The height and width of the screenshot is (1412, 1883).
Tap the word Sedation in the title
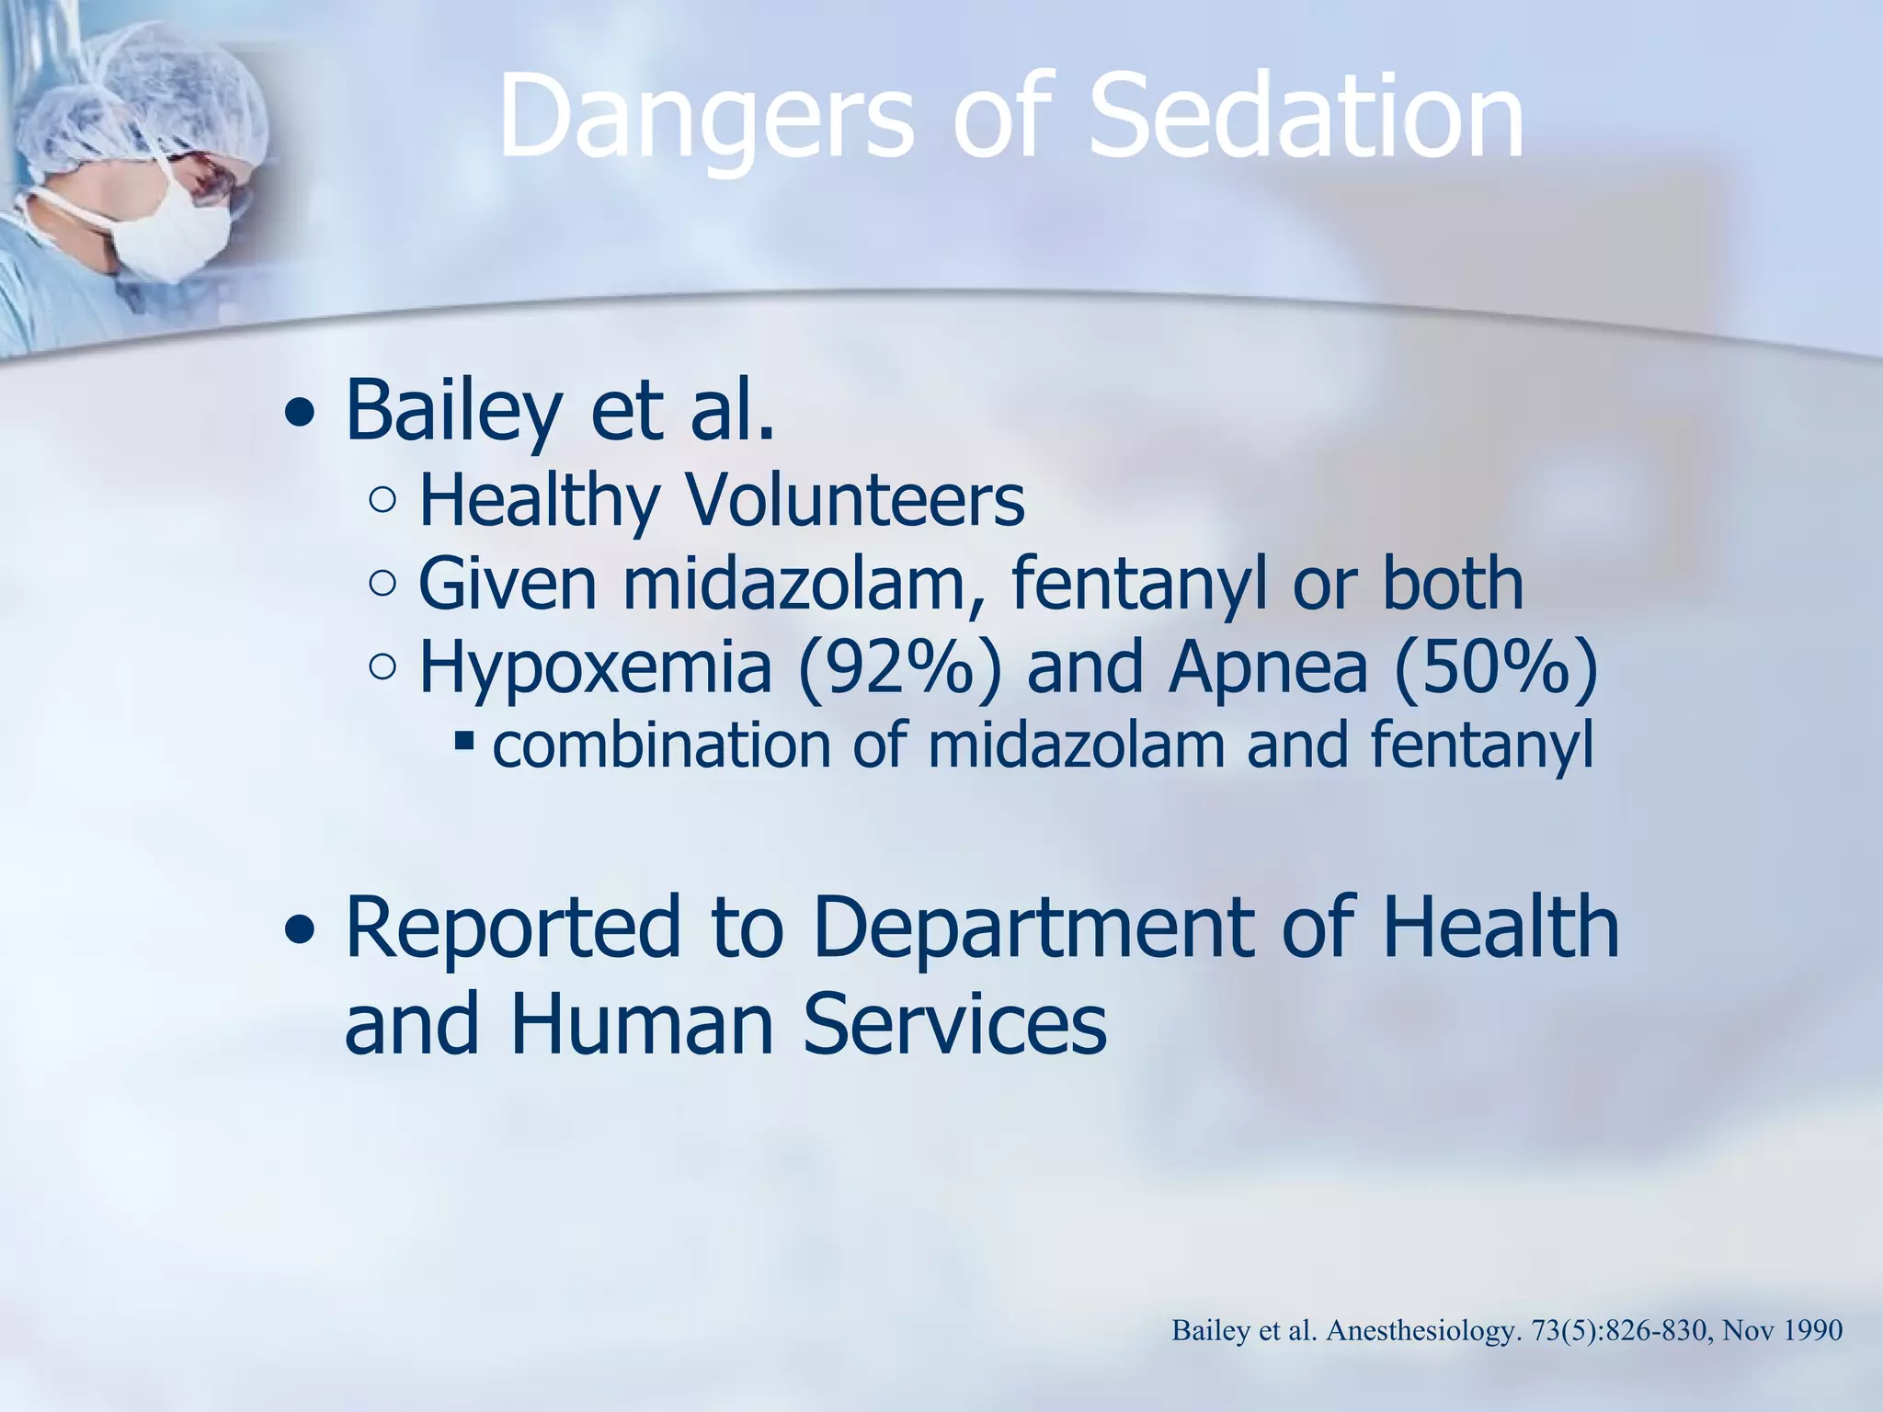(x=1306, y=118)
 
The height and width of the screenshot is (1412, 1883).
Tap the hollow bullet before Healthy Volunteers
(x=382, y=501)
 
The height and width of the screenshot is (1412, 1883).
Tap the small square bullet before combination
(x=463, y=739)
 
